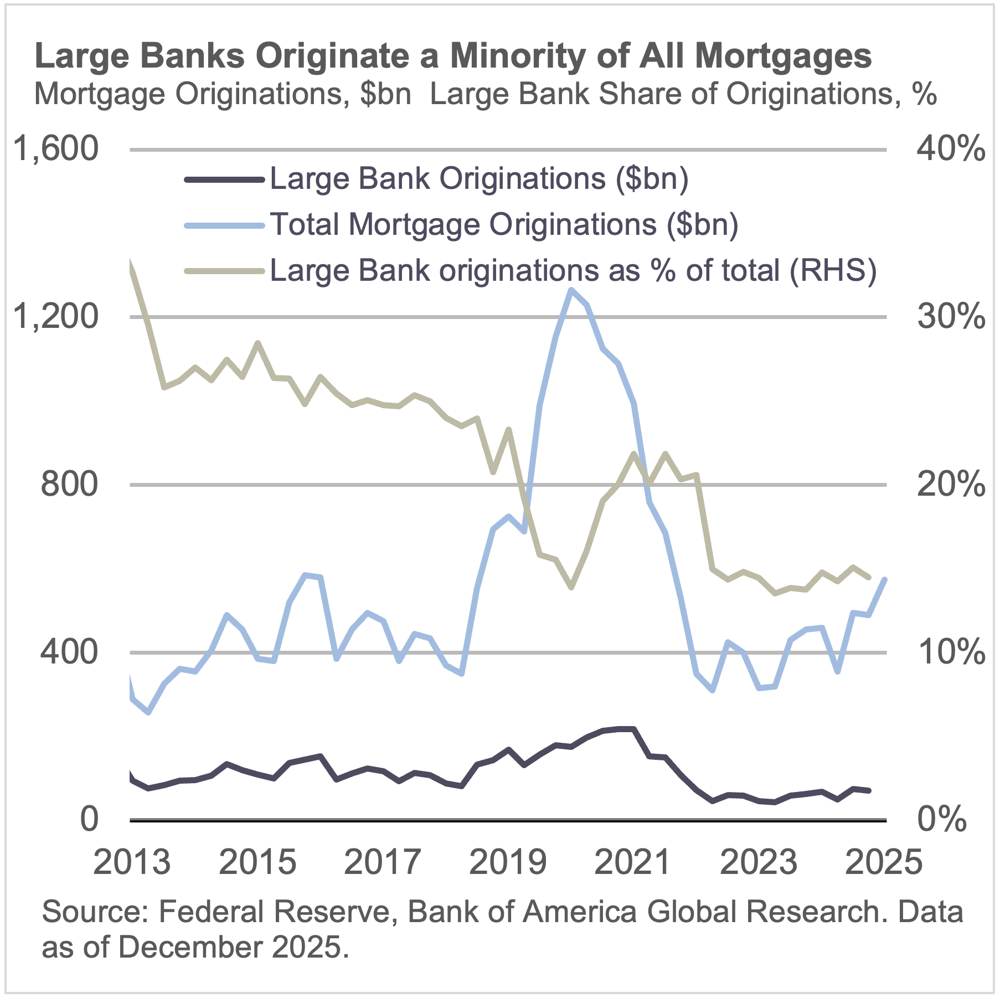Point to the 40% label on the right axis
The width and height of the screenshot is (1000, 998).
point(950,149)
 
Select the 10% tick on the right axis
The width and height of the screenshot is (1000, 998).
point(950,652)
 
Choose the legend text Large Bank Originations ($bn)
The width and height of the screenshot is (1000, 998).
point(479,179)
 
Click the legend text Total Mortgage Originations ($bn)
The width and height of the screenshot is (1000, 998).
point(504,225)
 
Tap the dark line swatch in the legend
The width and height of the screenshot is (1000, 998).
point(224,179)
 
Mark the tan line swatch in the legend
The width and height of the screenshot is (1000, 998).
point(224,271)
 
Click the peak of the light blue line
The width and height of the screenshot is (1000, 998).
point(571,290)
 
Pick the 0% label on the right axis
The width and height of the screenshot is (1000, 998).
point(941,820)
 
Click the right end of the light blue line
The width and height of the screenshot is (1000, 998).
point(884,580)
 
